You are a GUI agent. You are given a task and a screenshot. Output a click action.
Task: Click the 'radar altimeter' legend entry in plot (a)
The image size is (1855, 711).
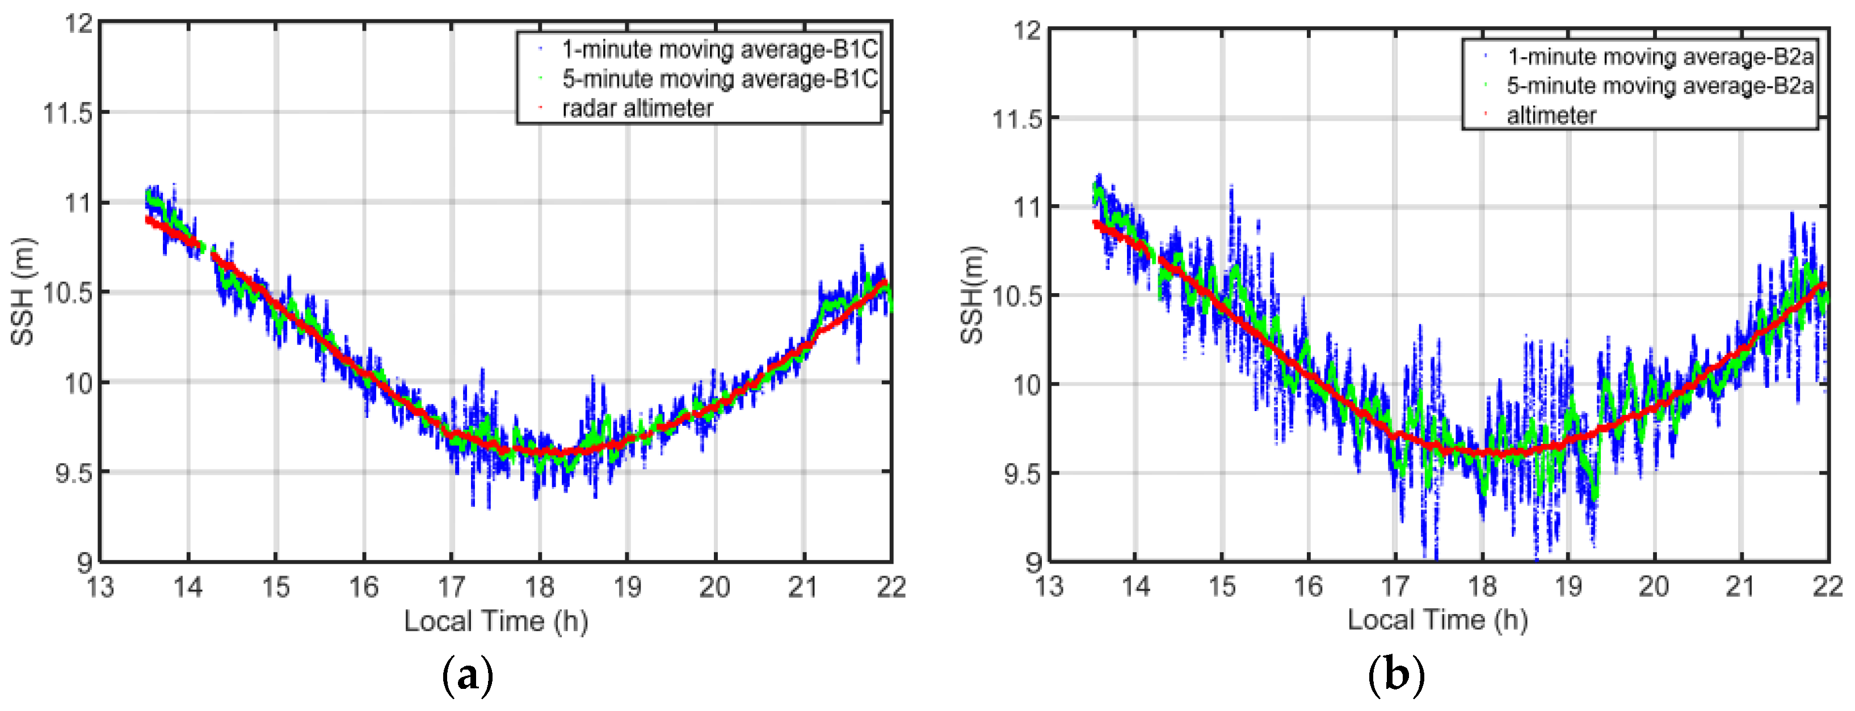637,109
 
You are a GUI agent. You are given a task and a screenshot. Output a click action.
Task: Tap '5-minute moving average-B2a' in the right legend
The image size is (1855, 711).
1660,86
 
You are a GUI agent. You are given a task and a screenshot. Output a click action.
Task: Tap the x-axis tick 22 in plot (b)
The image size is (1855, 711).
1827,586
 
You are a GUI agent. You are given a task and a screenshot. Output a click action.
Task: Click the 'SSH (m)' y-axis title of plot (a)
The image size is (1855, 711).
23,291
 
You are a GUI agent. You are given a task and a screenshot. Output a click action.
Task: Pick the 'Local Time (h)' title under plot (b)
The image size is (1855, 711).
1437,620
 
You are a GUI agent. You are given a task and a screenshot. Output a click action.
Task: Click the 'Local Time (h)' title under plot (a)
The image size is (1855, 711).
495,621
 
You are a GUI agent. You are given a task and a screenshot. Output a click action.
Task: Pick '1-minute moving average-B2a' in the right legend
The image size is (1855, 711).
1660,56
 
